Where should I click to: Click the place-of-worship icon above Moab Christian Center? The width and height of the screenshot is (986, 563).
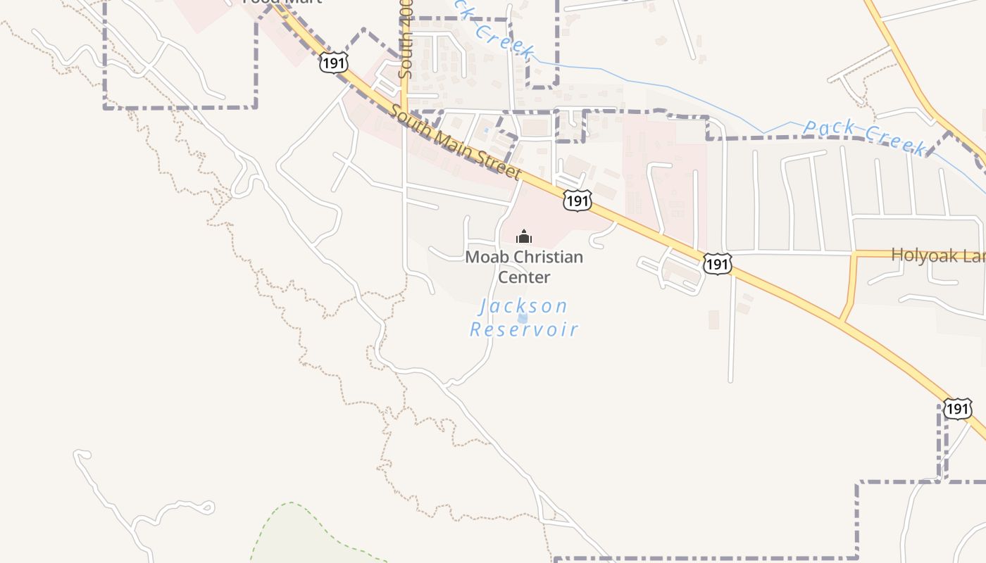point(524,236)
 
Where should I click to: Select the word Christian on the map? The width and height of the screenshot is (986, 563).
point(548,257)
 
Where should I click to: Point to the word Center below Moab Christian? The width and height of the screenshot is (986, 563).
point(524,277)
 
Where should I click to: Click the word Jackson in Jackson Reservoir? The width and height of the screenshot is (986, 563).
point(523,307)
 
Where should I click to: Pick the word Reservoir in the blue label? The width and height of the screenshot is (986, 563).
point(524,329)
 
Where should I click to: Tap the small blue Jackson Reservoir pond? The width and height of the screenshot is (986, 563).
point(523,318)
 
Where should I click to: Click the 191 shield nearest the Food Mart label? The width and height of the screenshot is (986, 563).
point(333,63)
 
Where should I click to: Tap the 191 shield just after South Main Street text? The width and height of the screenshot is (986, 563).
point(577,201)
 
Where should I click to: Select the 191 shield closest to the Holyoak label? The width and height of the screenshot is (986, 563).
point(717,264)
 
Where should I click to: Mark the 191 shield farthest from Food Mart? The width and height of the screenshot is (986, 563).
point(958,408)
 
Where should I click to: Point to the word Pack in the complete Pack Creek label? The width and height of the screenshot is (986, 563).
point(829,129)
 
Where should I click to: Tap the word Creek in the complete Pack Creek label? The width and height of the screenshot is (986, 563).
point(894,141)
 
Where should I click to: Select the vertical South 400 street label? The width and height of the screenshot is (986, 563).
point(405,49)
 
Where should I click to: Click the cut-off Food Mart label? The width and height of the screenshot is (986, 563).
point(282,2)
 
